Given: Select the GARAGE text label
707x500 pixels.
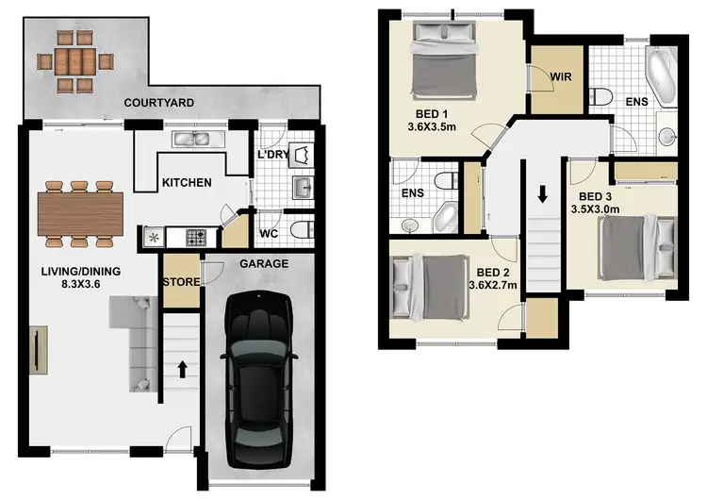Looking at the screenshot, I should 264,264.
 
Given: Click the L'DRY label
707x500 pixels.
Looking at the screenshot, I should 272,154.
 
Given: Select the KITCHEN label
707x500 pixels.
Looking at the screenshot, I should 187,183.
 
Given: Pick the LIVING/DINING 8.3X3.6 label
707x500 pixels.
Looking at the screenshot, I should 80,276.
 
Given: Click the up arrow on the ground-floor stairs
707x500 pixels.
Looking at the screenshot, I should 180,368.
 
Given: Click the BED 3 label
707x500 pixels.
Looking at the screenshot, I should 593,198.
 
